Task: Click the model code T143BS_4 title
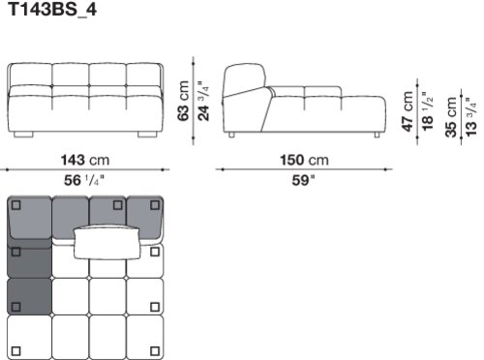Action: click(52, 10)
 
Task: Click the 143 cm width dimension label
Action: click(85, 160)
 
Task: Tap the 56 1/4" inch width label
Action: click(84, 180)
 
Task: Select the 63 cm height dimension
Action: click(183, 101)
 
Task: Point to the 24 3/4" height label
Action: click(203, 101)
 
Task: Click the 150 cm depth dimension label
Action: click(304, 160)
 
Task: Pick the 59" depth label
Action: click(303, 180)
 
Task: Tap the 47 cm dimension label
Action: click(408, 111)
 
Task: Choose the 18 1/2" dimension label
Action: click(428, 111)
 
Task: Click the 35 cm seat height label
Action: click(451, 117)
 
